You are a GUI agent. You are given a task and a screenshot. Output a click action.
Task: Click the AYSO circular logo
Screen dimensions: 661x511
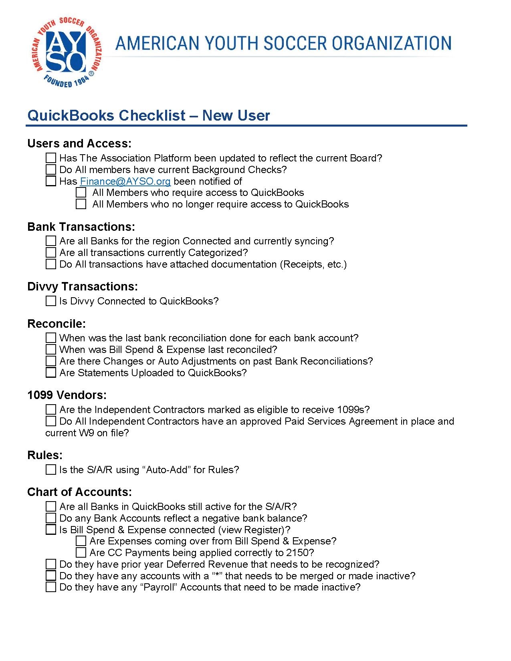[66, 52]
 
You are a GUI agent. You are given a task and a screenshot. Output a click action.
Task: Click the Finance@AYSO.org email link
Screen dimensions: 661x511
[125, 181]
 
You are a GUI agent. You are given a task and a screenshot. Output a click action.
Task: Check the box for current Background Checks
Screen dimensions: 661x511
[50, 170]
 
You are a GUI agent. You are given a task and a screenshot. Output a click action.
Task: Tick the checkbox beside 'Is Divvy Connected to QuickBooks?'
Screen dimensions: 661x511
[50, 301]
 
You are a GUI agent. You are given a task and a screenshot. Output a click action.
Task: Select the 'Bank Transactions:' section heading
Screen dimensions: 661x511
[81, 227]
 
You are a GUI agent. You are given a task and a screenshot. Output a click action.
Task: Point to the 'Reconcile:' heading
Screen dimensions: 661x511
[57, 324]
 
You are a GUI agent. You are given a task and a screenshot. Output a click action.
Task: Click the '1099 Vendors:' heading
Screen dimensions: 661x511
[67, 395]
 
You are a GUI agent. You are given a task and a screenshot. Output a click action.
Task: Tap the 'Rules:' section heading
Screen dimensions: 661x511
[45, 455]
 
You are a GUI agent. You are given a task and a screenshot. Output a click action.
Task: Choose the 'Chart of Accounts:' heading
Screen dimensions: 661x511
[79, 492]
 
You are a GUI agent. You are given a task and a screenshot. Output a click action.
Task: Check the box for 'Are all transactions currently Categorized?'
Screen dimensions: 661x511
[50, 253]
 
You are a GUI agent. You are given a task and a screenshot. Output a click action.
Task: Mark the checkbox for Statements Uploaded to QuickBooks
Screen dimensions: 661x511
[50, 373]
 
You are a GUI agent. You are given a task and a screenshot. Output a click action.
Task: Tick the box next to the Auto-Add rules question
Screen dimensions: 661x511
[50, 470]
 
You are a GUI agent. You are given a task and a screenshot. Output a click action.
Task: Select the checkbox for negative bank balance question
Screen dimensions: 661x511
[50, 518]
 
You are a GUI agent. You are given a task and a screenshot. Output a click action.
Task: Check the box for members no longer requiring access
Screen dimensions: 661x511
[81, 204]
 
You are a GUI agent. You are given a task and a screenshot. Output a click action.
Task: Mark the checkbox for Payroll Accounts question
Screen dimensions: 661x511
[50, 588]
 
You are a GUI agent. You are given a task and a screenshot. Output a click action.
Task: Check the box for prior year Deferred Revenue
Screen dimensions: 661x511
[50, 564]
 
